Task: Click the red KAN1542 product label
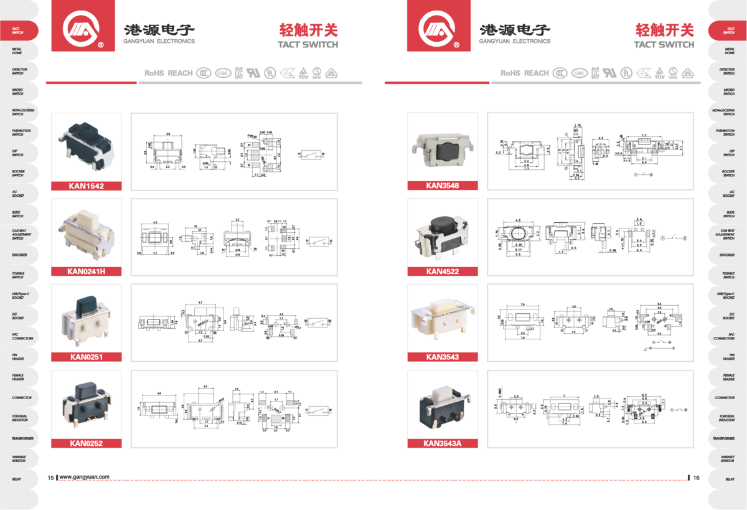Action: [87, 186]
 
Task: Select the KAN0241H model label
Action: [87, 271]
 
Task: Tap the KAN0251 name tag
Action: [87, 357]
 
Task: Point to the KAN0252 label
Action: [87, 443]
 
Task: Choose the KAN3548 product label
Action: [442, 186]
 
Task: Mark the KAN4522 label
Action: [442, 271]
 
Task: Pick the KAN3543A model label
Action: [442, 443]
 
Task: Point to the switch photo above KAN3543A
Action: [442, 405]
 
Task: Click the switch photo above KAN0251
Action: [87, 318]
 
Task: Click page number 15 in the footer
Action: [50, 478]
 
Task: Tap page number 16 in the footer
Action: [697, 478]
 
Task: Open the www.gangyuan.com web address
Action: [85, 478]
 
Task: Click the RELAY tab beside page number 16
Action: [729, 479]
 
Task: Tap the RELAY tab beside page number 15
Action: [17, 479]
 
